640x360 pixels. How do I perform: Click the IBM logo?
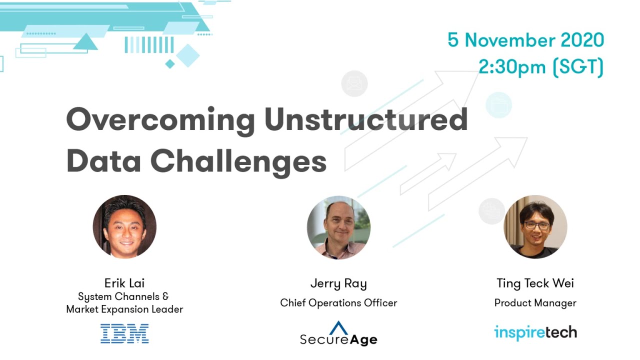124,333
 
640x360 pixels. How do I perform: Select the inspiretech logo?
535,332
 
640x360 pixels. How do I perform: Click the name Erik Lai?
124,283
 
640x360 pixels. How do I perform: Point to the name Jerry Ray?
338,284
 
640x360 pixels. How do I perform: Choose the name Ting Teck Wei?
535,283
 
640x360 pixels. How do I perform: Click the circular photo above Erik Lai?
124,226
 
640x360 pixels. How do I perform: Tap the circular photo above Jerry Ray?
338,227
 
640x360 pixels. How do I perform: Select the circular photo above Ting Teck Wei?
535,226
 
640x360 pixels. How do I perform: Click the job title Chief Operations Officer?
338,303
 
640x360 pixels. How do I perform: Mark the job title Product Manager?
535,303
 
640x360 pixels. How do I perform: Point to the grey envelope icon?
354,83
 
